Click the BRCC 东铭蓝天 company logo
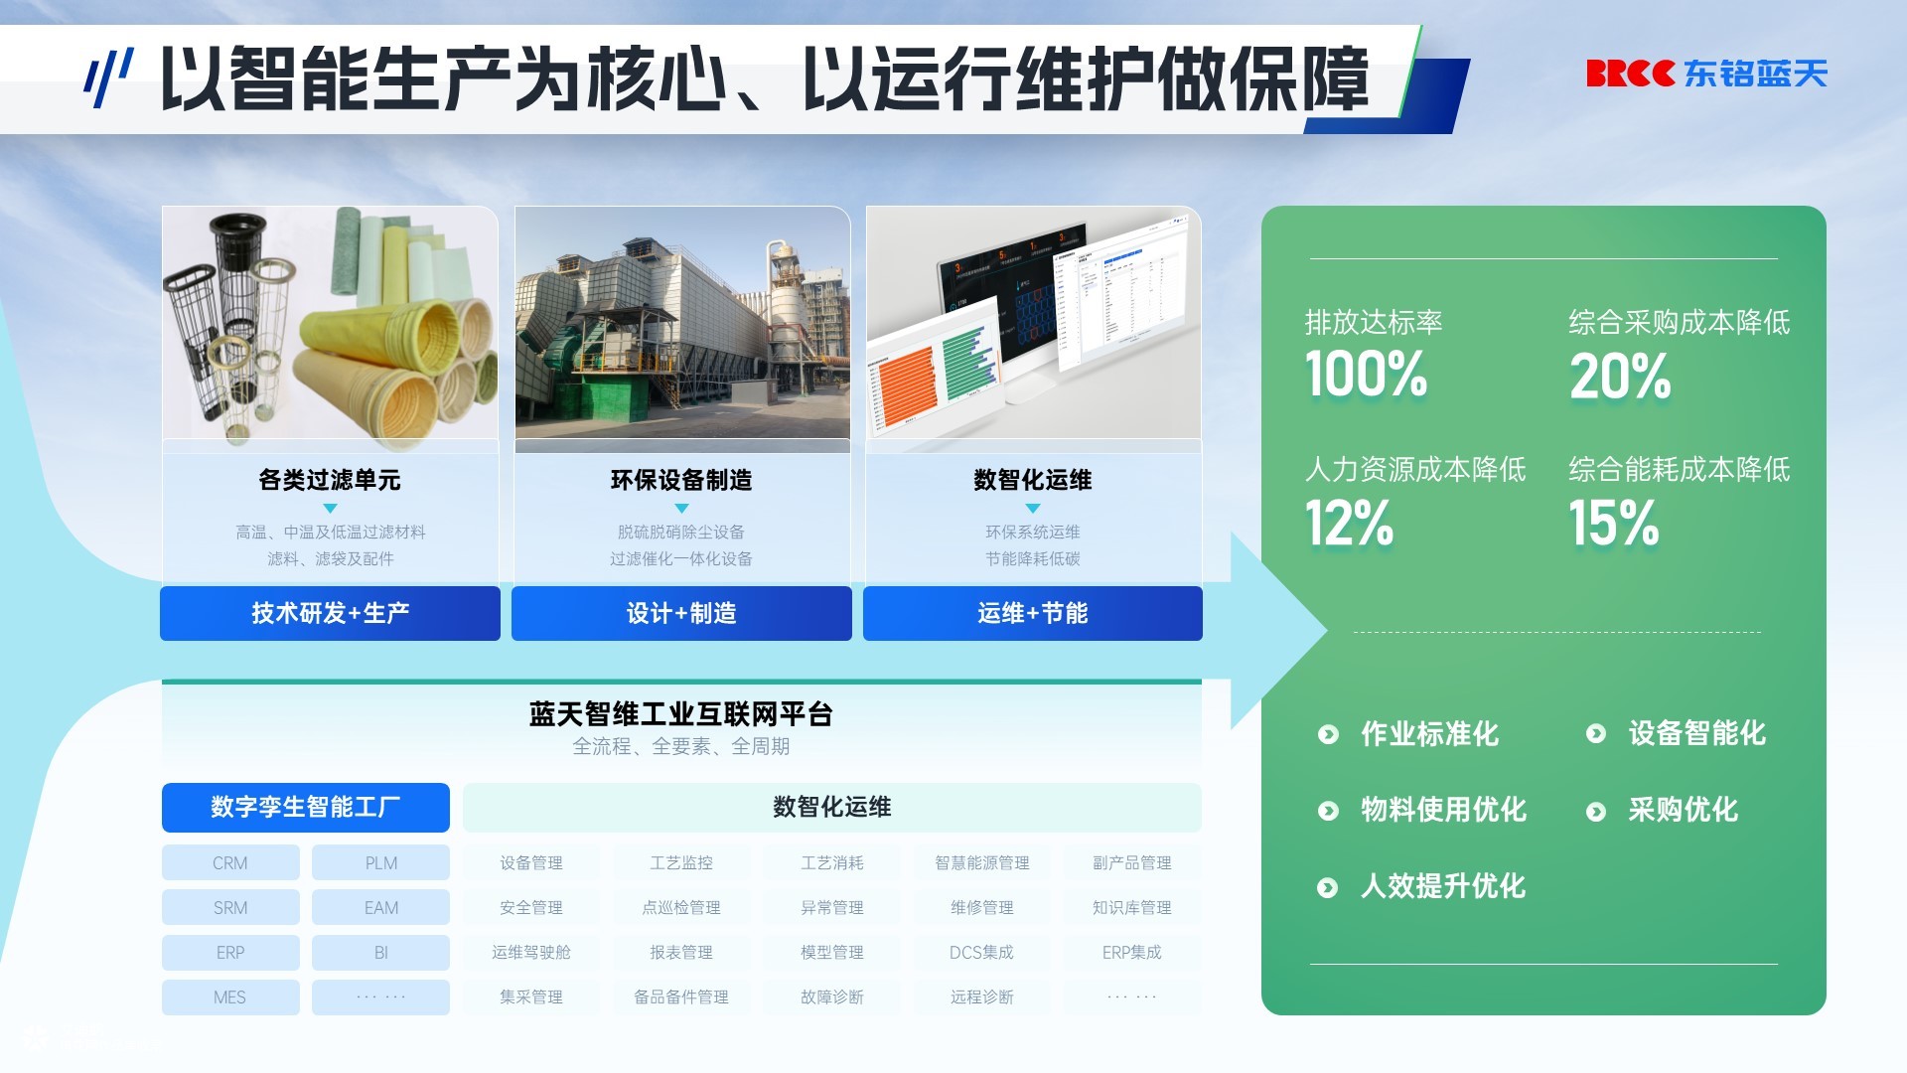pyautogui.click(x=1706, y=74)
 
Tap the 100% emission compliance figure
pyautogui.click(x=1366, y=375)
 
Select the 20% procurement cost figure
pyautogui.click(x=1620, y=377)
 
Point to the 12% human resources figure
pyautogui.click(x=1349, y=523)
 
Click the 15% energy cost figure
pyautogui.click(x=1614, y=523)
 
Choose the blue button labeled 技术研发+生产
pyautogui.click(x=330, y=613)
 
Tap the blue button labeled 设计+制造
pyautogui.click(x=681, y=613)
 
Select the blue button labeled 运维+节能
pyautogui.click(x=1033, y=613)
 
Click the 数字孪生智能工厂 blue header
pyautogui.click(x=306, y=807)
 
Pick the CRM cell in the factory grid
pyautogui.click(x=230, y=862)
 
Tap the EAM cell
pyautogui.click(x=380, y=907)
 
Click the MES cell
pyautogui.click(x=230, y=996)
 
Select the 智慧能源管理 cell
pyautogui.click(x=982, y=862)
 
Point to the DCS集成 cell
pyautogui.click(x=982, y=952)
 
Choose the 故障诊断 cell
pyautogui.click(x=832, y=996)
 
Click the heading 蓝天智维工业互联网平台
pyautogui.click(x=681, y=713)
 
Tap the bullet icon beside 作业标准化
pyautogui.click(x=1328, y=734)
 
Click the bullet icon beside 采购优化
pyautogui.click(x=1596, y=812)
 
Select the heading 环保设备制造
pyautogui.click(x=681, y=480)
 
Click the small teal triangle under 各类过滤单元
pyautogui.click(x=331, y=508)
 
